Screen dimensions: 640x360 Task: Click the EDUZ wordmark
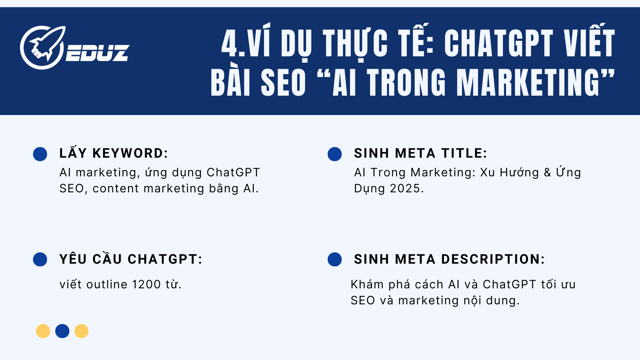[x=97, y=53]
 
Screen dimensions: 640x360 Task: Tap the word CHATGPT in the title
[x=499, y=43]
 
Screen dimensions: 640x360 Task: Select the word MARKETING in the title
[x=528, y=83]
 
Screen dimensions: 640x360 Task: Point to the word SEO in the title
[x=283, y=83]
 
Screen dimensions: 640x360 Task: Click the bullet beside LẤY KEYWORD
[x=40, y=154]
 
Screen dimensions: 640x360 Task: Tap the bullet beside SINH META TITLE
[x=335, y=154]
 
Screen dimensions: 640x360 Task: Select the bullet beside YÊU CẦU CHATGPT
[x=40, y=259]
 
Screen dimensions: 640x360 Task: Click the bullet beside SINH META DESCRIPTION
[x=335, y=259]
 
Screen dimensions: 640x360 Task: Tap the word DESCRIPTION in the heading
[x=493, y=259]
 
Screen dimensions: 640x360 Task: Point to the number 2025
[x=405, y=189]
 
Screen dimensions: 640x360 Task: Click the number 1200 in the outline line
[x=147, y=285]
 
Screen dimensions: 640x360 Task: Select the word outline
[x=107, y=285]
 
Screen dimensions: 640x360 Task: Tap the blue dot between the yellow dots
[x=62, y=331]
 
